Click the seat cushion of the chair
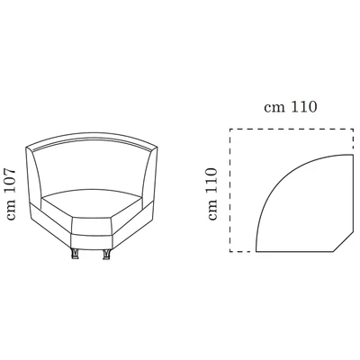click(90, 202)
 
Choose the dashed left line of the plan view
click(230, 189)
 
